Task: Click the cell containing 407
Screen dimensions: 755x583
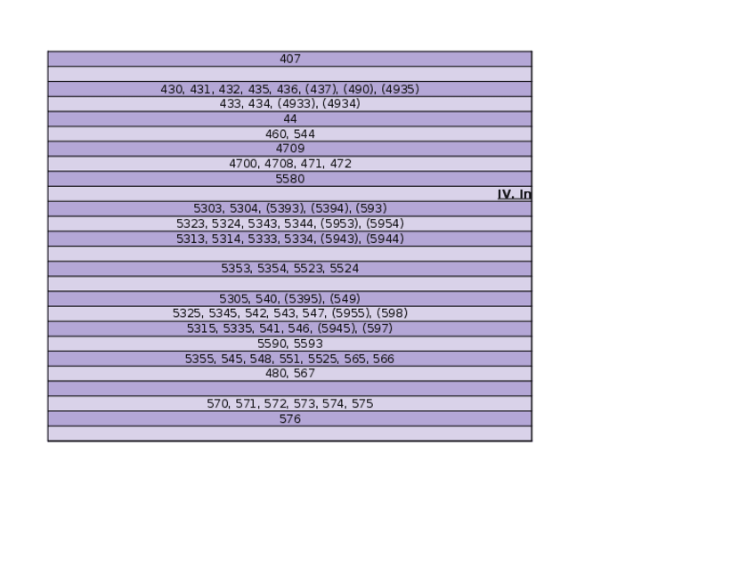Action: [290, 59]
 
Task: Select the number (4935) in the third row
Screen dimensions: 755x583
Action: [400, 89]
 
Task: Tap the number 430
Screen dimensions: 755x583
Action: [172, 89]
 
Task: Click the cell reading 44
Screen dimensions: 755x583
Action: [290, 118]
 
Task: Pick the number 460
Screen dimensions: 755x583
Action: [276, 134]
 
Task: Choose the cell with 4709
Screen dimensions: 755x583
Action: [290, 149]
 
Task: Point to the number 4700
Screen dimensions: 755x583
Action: [243, 164]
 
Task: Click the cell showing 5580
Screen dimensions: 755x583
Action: [290, 179]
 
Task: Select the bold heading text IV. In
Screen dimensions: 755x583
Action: [515, 194]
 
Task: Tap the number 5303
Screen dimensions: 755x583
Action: [208, 208]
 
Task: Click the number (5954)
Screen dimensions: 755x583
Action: [386, 223]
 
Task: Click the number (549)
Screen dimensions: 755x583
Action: [345, 298]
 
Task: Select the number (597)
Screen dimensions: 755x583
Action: [377, 328]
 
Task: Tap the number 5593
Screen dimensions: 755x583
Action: [308, 343]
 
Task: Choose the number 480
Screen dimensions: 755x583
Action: [276, 373]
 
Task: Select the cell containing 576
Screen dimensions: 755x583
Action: [290, 418]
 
